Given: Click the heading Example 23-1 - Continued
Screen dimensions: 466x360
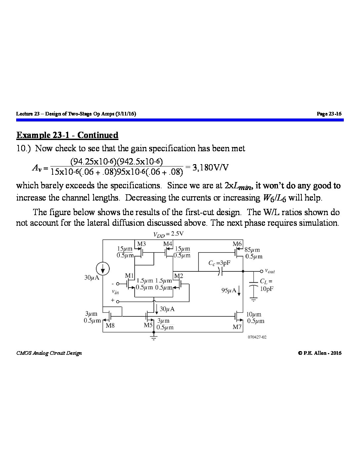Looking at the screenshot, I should coord(67,135).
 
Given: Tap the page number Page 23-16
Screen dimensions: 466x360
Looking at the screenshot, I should coord(329,114).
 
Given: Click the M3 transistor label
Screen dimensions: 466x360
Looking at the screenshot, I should coord(141,244).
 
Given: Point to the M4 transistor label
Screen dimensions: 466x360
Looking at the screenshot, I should coord(168,244).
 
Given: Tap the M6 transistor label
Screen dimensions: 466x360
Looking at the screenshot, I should coord(237,244).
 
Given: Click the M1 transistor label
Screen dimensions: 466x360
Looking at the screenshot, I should coord(129,276).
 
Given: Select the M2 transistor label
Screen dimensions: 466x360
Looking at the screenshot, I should coord(178,276).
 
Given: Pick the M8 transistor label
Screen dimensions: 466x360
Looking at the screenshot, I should coord(110,325).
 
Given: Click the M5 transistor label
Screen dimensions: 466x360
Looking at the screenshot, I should coord(148,325).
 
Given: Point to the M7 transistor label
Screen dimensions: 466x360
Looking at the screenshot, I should coord(237,327).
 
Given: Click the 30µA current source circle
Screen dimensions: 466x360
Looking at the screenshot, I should coord(103,268).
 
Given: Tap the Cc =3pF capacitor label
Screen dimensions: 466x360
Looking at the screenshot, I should coord(219,263).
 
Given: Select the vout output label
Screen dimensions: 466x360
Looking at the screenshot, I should coord(270,271).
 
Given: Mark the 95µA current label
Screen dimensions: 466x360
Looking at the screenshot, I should coord(229,290).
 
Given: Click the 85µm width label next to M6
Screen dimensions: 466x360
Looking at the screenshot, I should coord(252,250).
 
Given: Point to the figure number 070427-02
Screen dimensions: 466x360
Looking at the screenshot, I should coord(257,337).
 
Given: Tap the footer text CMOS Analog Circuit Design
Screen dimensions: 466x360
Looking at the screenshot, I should coord(49,353).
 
